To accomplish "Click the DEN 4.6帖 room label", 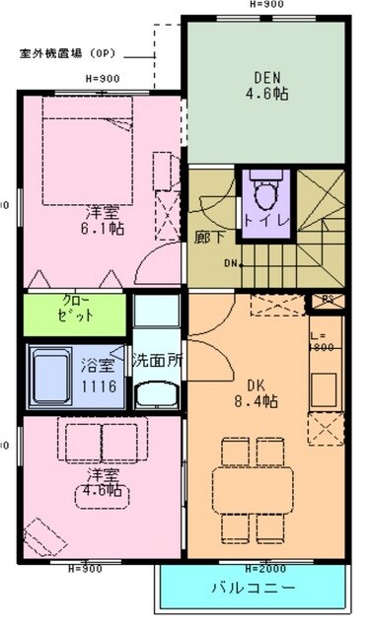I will [x=265, y=88].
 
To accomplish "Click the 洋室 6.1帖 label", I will [x=103, y=219].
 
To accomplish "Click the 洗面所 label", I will [x=158, y=361].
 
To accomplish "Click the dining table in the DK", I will [x=252, y=485].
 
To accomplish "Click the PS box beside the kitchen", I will [x=329, y=300].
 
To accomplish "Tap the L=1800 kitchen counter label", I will [x=323, y=341].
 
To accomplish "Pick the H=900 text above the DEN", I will [x=266, y=5].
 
